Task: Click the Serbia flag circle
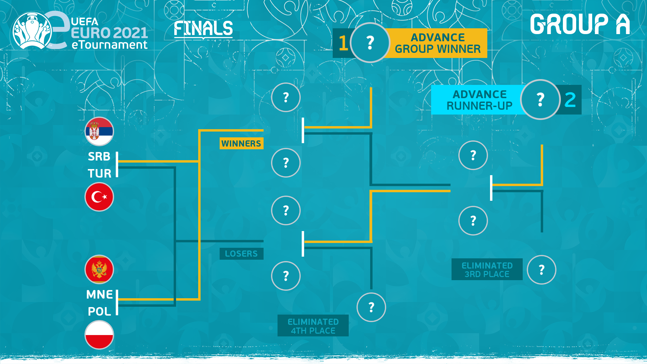[99, 132]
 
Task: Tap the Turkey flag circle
[99, 197]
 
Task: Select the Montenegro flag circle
[99, 270]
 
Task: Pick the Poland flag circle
[99, 335]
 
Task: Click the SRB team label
[99, 156]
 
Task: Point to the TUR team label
[99, 173]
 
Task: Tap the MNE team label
[99, 294]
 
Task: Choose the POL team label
[99, 312]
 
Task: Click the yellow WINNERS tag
[241, 143]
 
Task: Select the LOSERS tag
[241, 254]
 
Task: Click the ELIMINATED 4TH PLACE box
[313, 326]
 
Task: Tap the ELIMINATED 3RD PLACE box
[487, 270]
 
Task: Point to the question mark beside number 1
[370, 43]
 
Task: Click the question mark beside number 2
[540, 100]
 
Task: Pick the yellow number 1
[343, 43]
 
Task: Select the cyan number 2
[570, 100]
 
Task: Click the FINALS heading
[203, 29]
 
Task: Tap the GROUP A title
[580, 25]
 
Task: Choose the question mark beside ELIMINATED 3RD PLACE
[541, 270]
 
